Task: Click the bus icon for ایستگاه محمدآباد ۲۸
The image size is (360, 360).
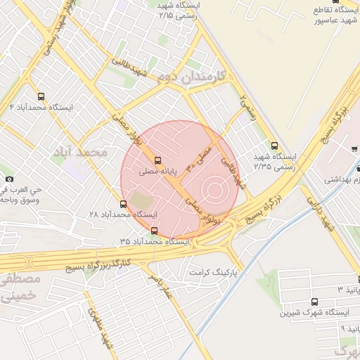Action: click(124, 204)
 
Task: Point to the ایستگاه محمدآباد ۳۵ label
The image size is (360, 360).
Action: click(154, 241)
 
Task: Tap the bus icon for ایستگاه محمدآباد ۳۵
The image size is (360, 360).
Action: click(154, 231)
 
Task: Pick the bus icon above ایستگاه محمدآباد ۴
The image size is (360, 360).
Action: click(40, 96)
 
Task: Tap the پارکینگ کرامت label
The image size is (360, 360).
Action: click(216, 271)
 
